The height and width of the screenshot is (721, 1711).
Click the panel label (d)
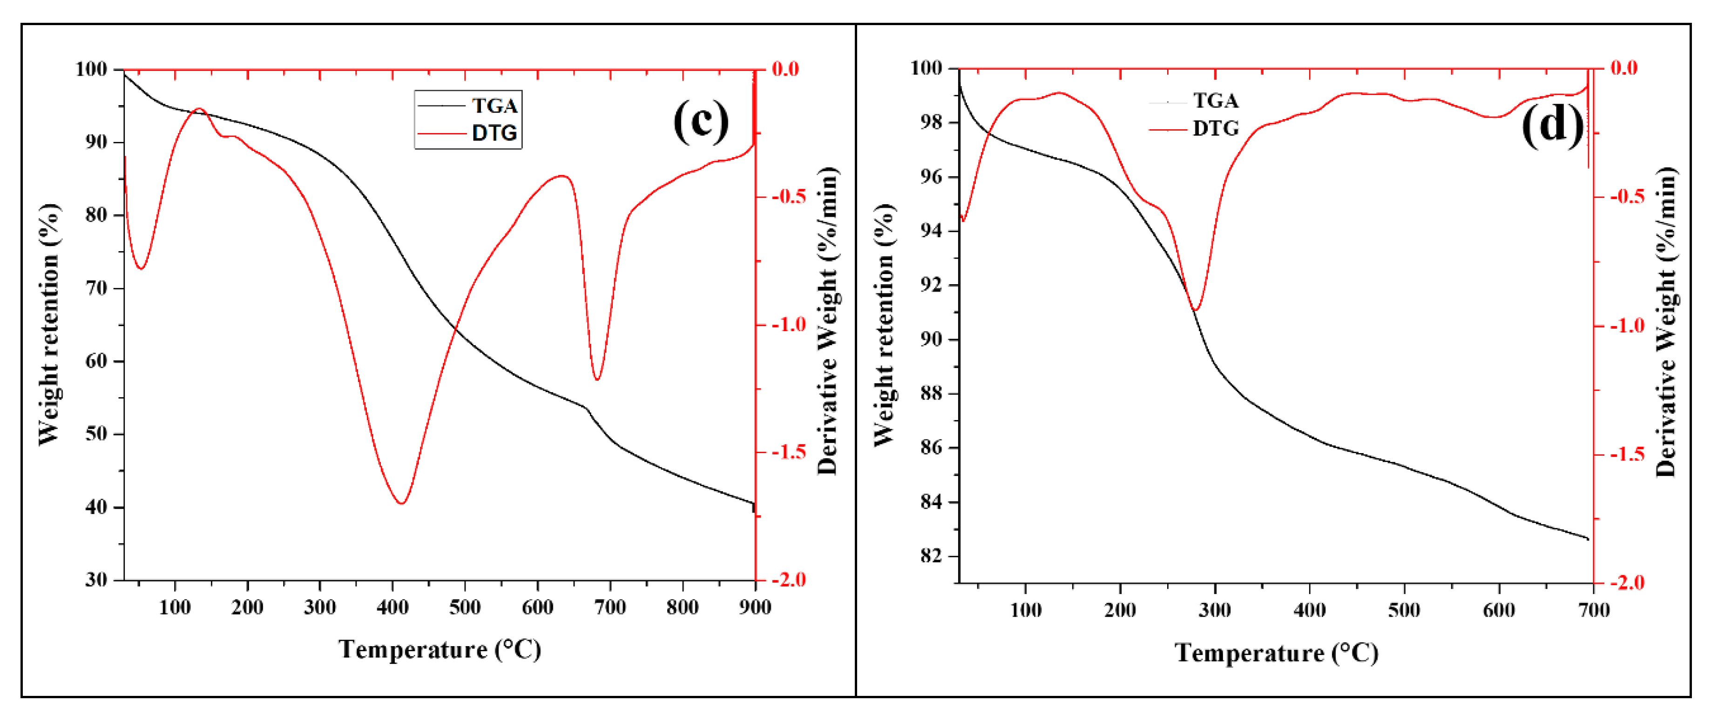click(x=1552, y=124)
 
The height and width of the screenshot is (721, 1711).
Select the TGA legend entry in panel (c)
click(x=494, y=106)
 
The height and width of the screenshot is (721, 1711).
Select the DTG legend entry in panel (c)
click(x=494, y=134)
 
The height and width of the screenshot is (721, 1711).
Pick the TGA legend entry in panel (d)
click(x=1215, y=101)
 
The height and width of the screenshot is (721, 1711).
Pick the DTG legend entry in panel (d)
click(x=1215, y=128)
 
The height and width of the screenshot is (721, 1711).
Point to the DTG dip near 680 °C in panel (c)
click(x=597, y=379)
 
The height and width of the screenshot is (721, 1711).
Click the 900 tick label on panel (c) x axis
click(x=755, y=607)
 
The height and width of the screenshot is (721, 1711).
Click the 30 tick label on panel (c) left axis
click(x=96, y=580)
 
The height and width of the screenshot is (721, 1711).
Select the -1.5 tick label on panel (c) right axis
click(x=788, y=452)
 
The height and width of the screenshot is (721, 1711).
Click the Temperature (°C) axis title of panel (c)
click(x=440, y=649)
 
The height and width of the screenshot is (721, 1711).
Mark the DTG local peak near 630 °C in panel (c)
click(x=561, y=176)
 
